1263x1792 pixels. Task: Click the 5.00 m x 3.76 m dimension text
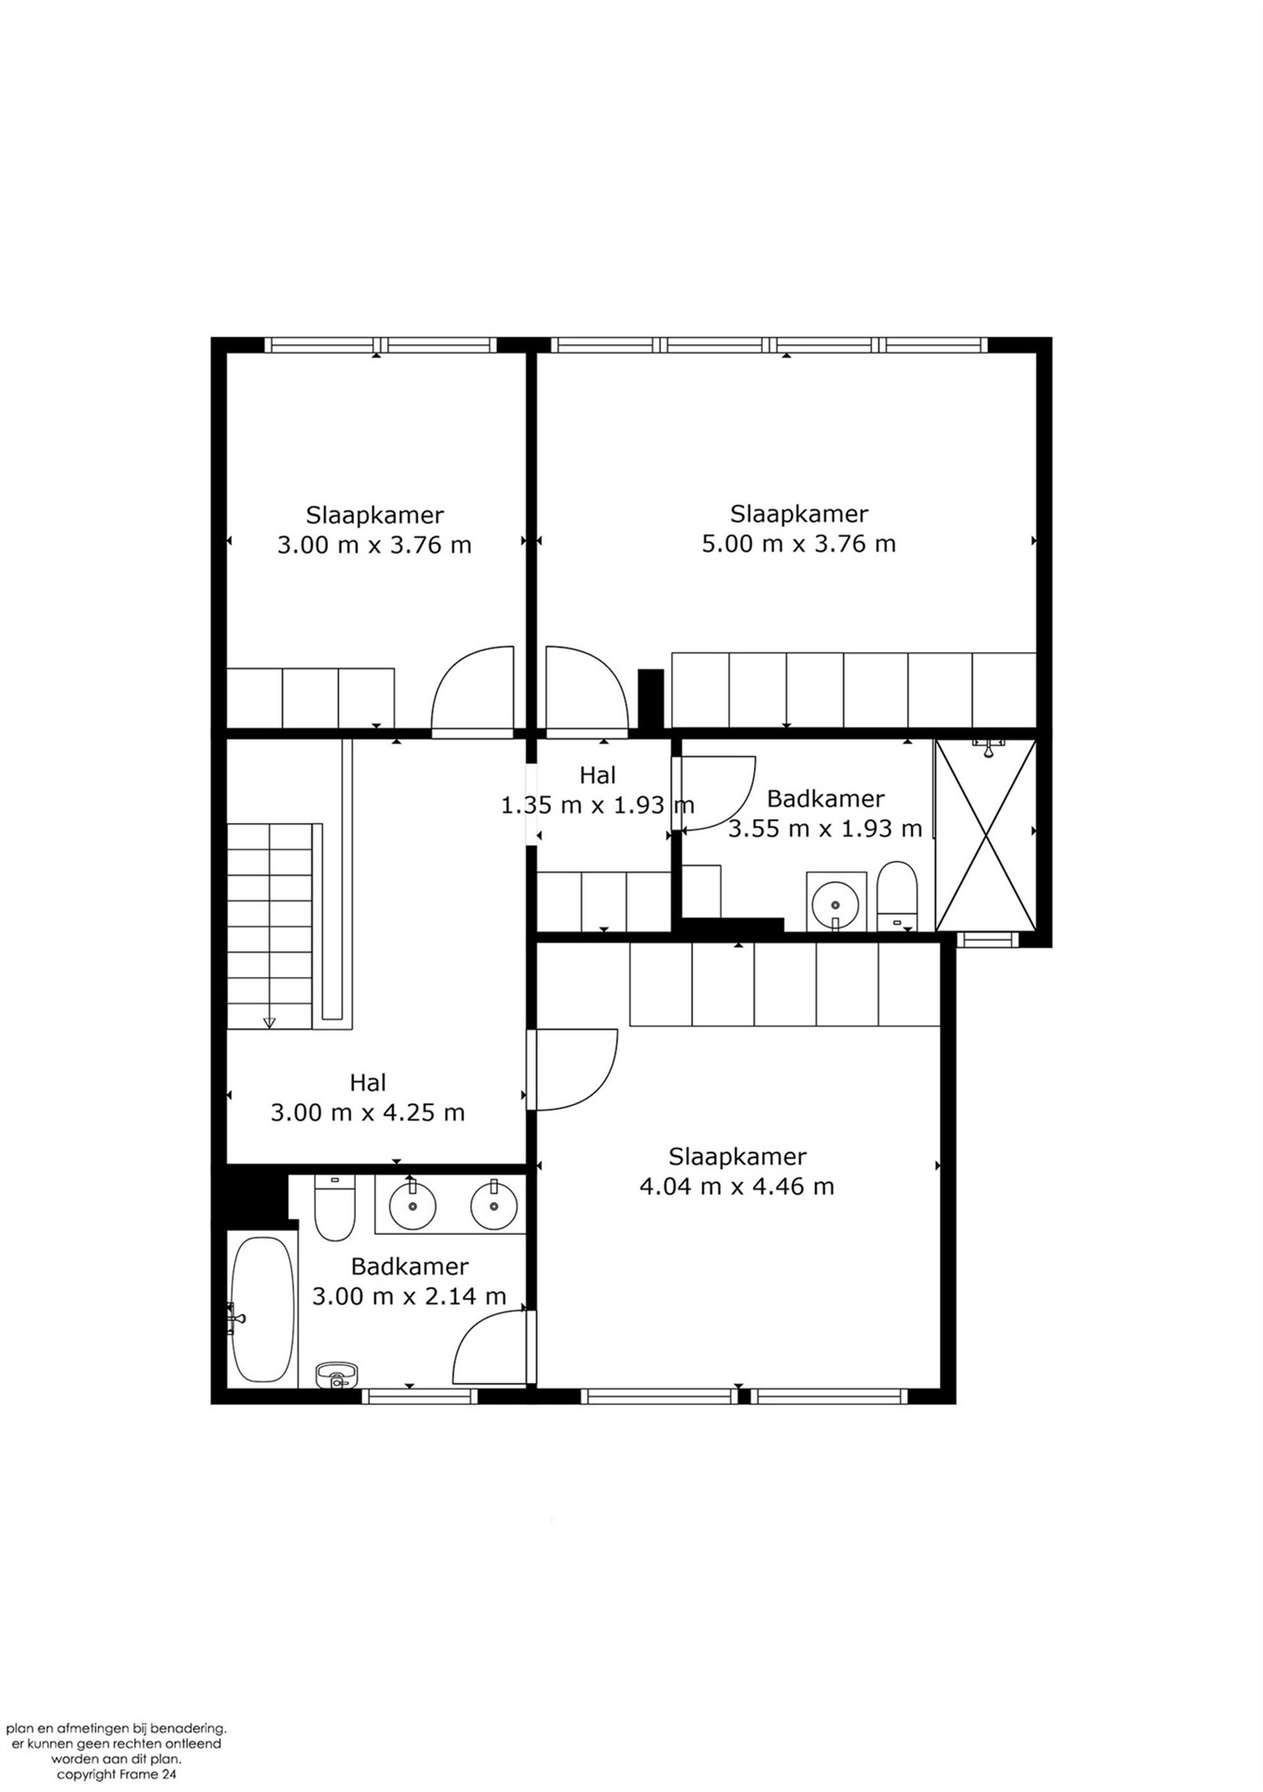tap(799, 543)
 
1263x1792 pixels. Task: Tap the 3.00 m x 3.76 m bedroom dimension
tap(374, 545)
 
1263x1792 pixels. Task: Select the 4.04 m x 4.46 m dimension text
tap(737, 1186)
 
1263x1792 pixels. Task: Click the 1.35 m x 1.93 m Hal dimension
tap(597, 804)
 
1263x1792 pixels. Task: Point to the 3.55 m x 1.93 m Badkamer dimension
tap(825, 828)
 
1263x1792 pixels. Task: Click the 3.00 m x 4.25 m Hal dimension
tap(368, 1112)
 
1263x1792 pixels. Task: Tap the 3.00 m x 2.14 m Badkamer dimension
tap(409, 1296)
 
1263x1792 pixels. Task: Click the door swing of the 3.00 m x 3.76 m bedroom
tap(473, 691)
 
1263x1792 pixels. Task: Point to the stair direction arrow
tap(270, 1022)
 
